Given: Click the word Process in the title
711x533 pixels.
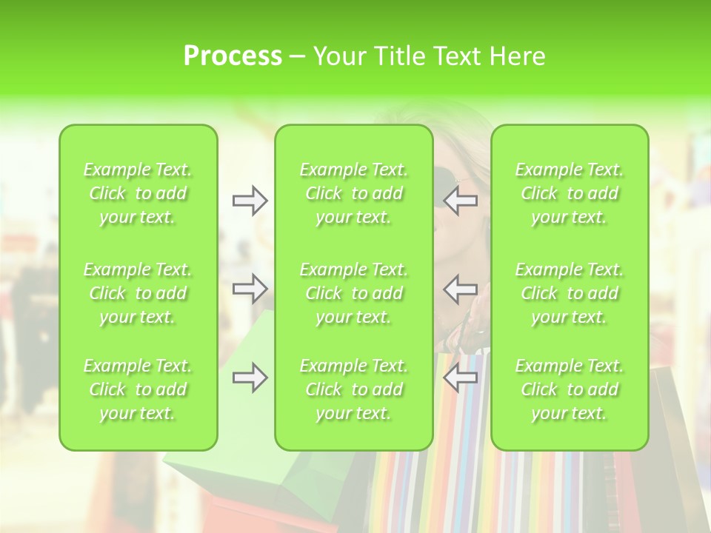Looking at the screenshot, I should coord(233,56).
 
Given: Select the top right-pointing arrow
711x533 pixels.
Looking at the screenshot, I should coord(250,201).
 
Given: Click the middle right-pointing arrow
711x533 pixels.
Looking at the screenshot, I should coord(250,289).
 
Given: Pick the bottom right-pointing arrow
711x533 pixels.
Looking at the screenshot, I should coord(250,378).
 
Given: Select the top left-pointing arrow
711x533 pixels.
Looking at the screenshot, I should coord(461,201).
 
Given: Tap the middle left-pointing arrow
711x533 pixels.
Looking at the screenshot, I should coord(461,289).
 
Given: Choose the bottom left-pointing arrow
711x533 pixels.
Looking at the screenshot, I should coord(461,378).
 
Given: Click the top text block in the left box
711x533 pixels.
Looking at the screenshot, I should coord(138,193).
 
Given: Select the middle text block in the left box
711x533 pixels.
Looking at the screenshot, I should coord(138,293).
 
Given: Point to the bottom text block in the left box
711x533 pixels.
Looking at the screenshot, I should coord(138,389).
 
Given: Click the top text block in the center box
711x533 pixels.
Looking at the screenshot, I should coord(354,193).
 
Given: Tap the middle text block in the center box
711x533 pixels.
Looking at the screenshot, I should coord(354,293).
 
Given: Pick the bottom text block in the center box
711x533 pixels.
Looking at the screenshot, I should coord(354,389).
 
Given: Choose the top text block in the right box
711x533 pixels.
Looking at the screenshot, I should coord(570,193).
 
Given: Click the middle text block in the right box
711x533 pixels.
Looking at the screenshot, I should coord(570,293).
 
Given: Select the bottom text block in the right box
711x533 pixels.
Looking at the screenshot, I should coord(570,389).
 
